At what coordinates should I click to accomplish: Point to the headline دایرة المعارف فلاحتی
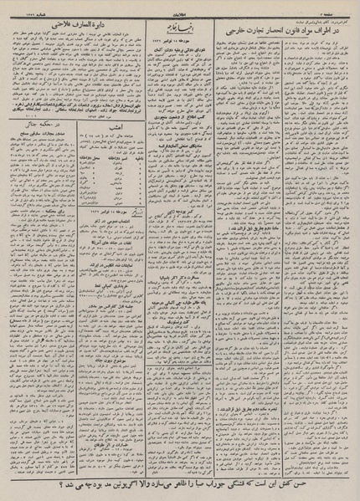[x=71, y=23]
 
